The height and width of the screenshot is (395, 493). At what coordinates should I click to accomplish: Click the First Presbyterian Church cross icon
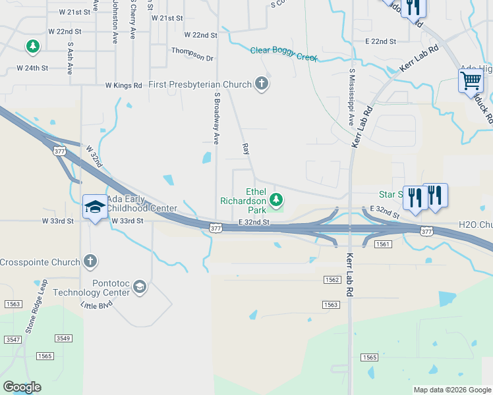point(262,84)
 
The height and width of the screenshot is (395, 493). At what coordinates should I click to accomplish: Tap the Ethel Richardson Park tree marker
point(277,199)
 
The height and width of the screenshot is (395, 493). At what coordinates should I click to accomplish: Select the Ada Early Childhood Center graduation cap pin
point(95,207)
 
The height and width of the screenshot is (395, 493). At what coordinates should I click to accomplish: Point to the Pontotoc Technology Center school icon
point(139,286)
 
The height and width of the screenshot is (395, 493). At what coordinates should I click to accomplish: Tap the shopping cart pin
point(471,82)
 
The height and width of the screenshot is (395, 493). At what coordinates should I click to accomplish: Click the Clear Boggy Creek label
point(283,53)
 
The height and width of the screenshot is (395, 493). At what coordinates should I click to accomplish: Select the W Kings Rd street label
point(123,86)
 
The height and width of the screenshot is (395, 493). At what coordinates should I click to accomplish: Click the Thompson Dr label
point(192,54)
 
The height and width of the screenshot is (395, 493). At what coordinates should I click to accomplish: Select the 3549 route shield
point(63,338)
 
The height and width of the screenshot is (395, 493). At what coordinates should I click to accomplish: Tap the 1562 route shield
point(332,280)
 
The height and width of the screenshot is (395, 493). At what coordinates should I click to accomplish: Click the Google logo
point(22,387)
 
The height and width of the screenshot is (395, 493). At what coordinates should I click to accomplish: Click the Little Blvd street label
point(96,305)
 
